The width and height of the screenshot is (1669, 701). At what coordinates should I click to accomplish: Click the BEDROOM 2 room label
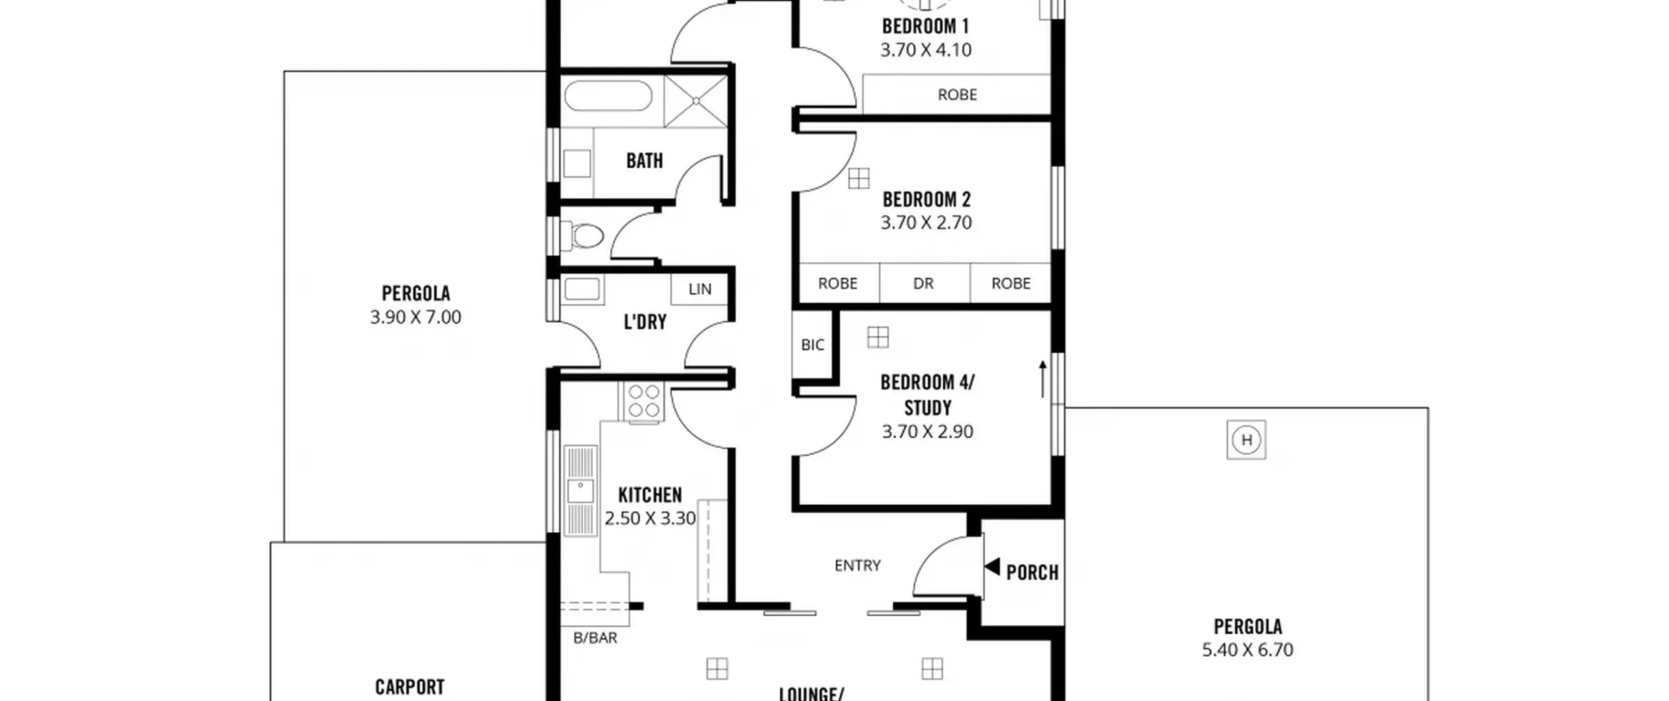926,199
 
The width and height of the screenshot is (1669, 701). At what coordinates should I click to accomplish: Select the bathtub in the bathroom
608,97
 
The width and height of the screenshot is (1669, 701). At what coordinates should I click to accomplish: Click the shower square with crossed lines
696,101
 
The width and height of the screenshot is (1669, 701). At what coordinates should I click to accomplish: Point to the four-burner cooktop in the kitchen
643,401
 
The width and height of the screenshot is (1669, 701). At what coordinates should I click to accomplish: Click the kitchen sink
580,491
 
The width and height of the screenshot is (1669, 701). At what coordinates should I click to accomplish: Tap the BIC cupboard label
812,345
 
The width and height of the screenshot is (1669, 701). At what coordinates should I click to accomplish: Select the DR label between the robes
923,284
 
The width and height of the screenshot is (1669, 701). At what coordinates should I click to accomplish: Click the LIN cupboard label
700,289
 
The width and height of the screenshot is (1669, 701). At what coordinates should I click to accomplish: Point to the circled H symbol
1247,440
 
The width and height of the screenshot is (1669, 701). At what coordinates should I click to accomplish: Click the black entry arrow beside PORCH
992,567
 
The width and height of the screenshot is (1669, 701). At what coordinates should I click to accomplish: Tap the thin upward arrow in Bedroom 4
1042,379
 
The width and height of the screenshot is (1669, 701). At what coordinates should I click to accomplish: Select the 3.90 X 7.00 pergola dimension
415,318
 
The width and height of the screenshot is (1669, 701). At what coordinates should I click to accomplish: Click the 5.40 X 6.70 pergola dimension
1247,650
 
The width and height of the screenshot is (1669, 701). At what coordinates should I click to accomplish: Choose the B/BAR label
595,638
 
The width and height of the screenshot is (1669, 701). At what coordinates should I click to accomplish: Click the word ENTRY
857,565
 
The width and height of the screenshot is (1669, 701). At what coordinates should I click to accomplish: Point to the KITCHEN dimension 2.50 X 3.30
650,518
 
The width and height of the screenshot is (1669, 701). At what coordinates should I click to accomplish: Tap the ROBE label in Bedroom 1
957,95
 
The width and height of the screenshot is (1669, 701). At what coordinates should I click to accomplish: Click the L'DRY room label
645,322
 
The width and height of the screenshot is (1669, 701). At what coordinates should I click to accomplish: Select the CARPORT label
409,687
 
